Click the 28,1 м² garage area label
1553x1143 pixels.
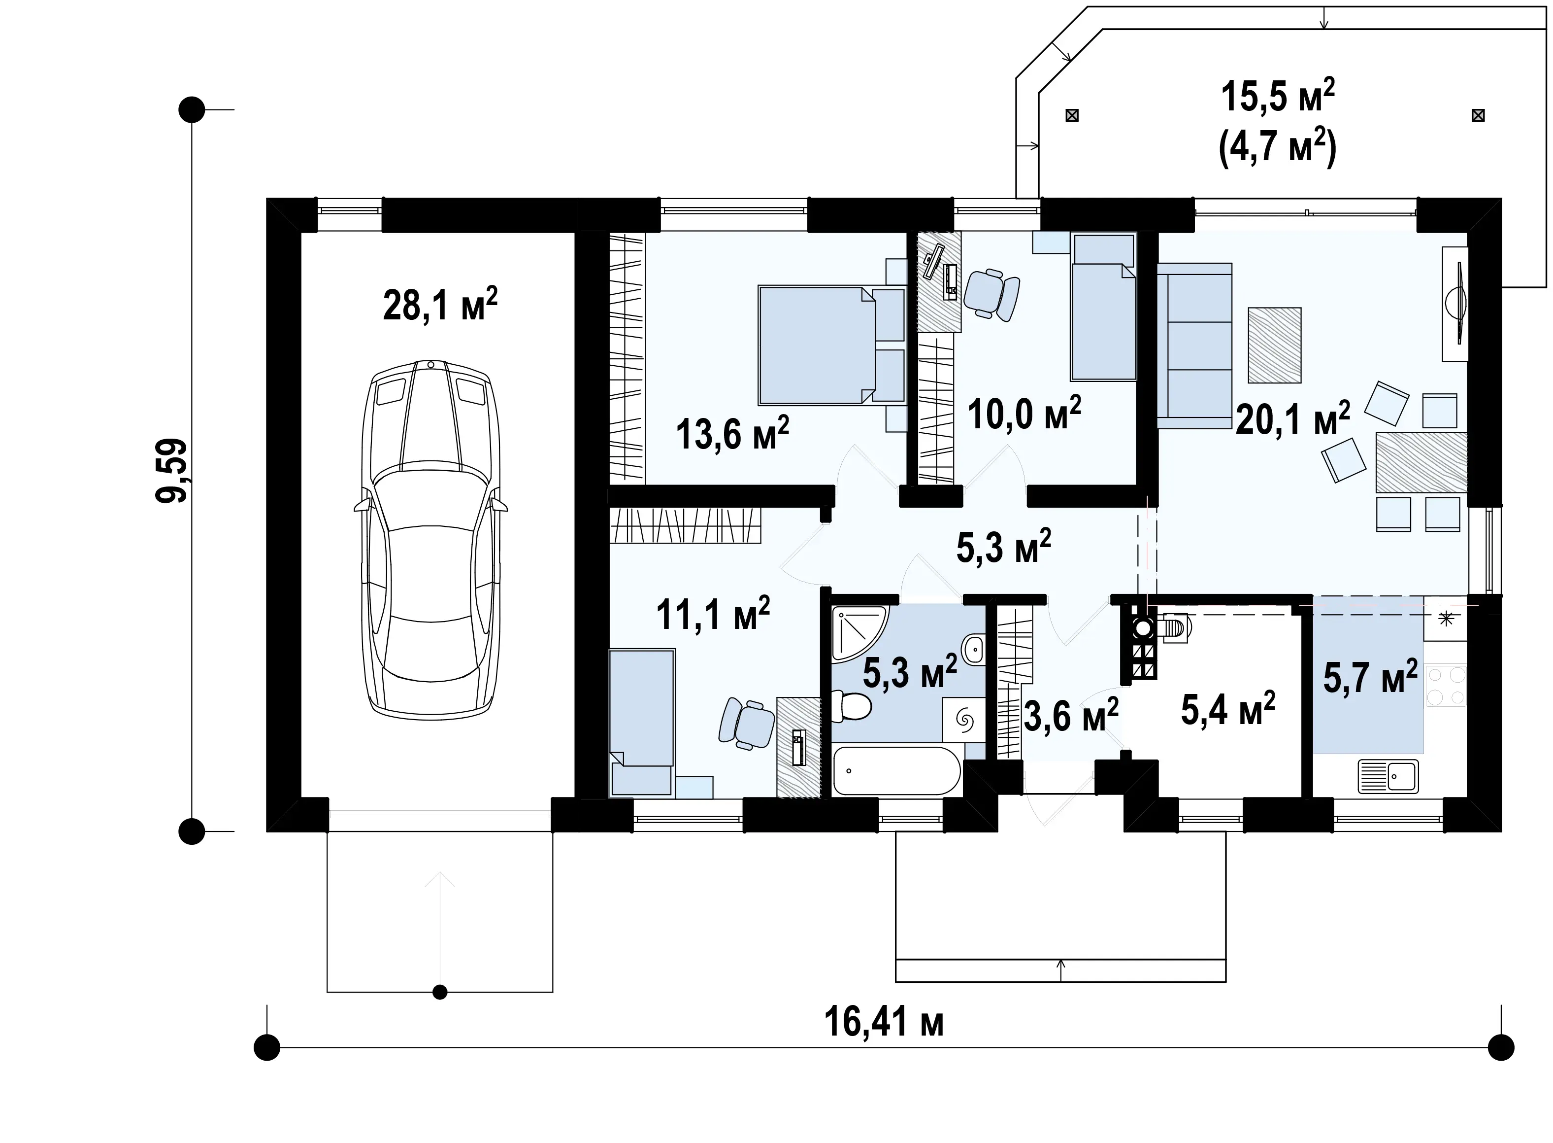point(440,305)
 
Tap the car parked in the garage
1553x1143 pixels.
point(430,540)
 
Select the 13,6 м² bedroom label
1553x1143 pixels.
point(732,434)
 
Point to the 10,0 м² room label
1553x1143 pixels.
point(1024,413)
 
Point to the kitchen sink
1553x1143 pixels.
point(1388,776)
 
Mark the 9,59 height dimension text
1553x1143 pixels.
point(171,471)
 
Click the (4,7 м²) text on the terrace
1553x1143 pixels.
point(1277,147)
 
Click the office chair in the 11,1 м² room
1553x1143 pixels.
point(746,723)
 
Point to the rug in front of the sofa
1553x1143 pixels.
point(1274,345)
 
